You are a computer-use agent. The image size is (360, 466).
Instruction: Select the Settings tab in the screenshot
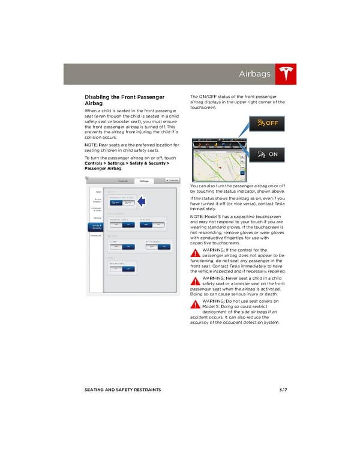tap(144, 180)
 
